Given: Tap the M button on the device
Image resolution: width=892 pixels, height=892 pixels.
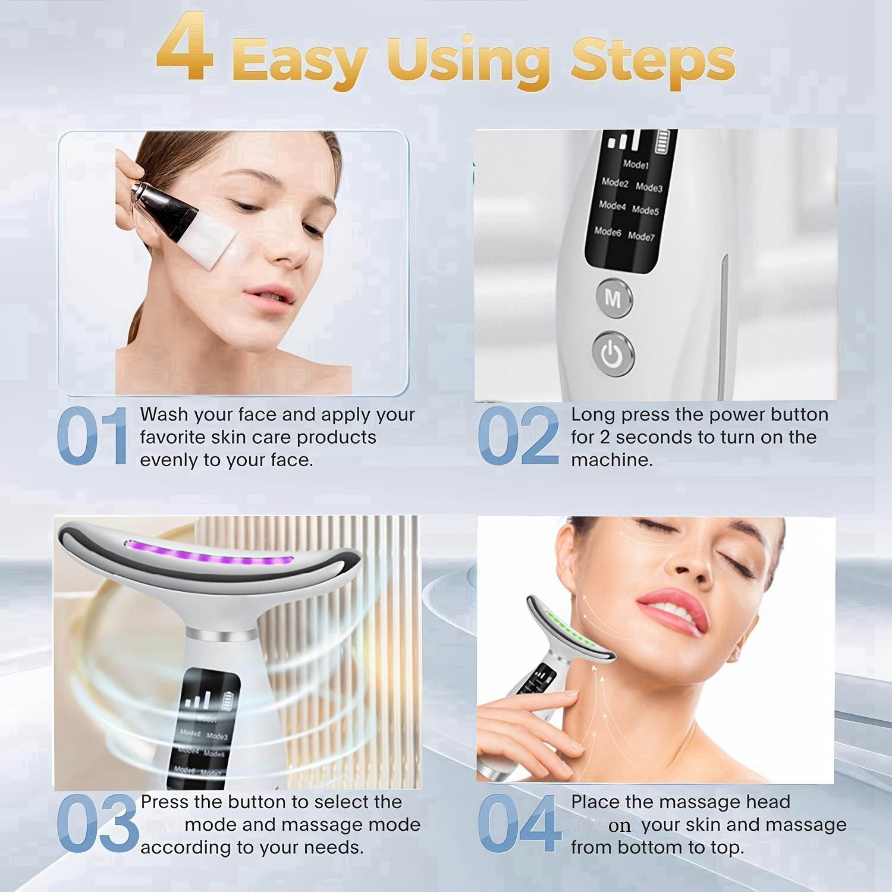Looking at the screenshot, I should (613, 298).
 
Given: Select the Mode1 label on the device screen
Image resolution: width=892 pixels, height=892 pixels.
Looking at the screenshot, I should (636, 164).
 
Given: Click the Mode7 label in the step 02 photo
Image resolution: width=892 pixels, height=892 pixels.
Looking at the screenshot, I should (641, 236).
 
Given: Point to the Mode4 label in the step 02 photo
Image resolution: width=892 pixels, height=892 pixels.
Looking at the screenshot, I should (612, 206).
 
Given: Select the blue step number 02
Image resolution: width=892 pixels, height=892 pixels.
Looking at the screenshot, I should (518, 436).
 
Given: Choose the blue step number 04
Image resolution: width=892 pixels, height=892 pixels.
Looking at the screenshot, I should (519, 824).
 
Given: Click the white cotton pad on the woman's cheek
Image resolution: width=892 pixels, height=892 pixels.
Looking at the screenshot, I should (211, 238).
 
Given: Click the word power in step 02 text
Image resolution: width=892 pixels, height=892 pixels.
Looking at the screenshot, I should (736, 414).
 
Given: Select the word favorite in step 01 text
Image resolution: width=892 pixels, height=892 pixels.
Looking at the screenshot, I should (168, 438).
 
